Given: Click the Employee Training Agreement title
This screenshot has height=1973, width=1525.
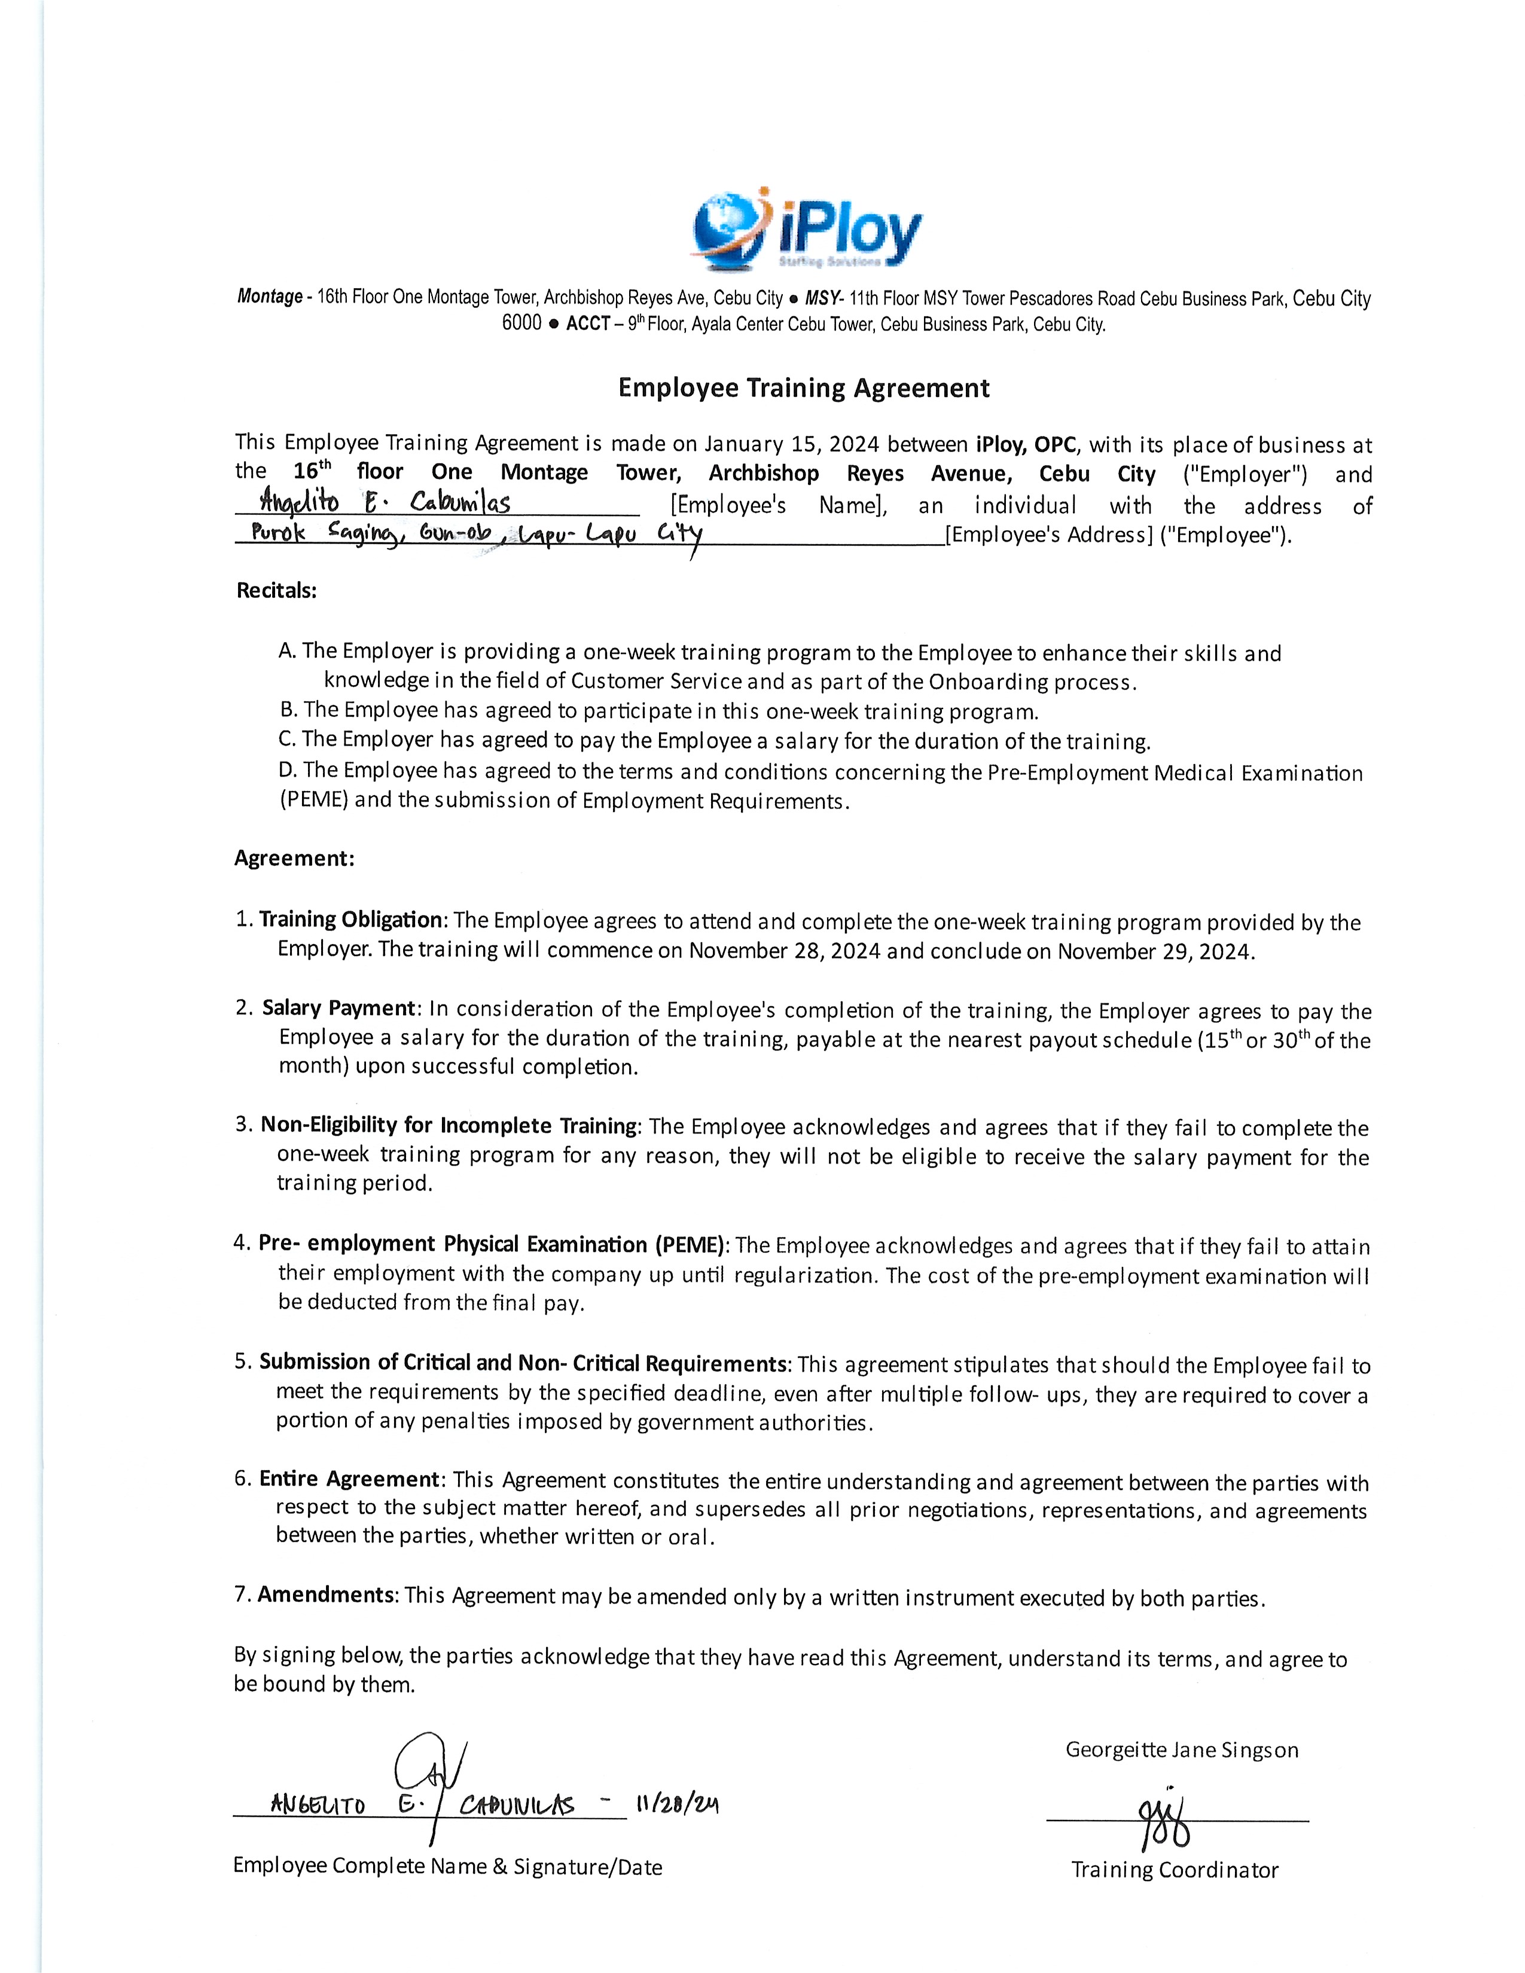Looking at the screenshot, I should [x=803, y=389].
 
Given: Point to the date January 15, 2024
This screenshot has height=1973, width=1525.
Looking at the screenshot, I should [x=791, y=444].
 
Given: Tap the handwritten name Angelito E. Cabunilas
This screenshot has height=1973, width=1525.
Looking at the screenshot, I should [x=385, y=502].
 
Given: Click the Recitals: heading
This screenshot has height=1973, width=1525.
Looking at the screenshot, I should [x=276, y=591].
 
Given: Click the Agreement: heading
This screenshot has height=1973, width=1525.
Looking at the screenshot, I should [x=294, y=858].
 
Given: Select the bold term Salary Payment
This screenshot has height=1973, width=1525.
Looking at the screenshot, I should [x=338, y=1008].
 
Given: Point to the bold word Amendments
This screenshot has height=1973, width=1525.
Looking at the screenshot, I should [x=326, y=1595].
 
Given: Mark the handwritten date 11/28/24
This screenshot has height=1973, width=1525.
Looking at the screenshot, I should [x=676, y=1805].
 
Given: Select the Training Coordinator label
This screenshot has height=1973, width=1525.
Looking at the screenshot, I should [x=1175, y=1870].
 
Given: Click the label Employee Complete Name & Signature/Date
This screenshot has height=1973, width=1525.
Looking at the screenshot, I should [x=447, y=1867].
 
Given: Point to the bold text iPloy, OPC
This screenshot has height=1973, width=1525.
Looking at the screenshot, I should [x=1026, y=444].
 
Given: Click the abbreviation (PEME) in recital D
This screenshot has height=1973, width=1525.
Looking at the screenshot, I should [x=315, y=801].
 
